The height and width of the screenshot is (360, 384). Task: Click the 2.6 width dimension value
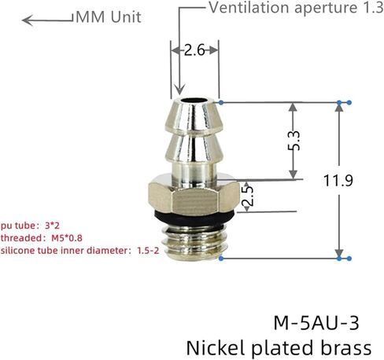(x=194, y=50)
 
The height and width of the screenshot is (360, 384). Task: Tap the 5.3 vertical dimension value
(x=294, y=141)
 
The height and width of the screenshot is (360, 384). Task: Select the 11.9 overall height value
(x=338, y=180)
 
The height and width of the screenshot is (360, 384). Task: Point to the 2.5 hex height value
(x=247, y=196)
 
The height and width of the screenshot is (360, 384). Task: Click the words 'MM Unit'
(x=109, y=17)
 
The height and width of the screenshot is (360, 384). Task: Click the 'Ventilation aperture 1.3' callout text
(x=296, y=7)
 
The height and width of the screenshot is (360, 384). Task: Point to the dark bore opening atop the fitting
(x=194, y=101)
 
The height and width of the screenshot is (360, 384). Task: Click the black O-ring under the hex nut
(x=194, y=217)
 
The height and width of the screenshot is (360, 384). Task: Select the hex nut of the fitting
(x=194, y=197)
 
